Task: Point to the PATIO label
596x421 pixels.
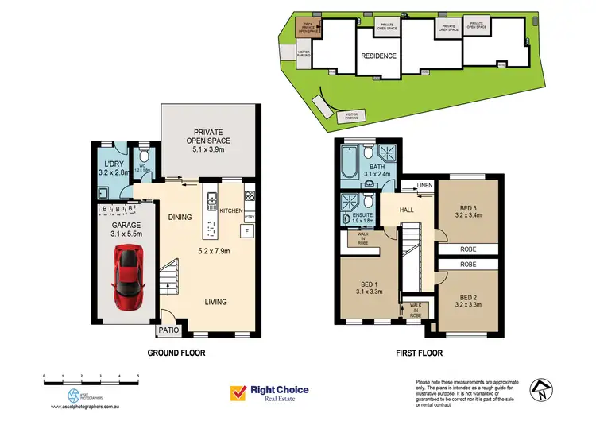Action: click(x=168, y=330)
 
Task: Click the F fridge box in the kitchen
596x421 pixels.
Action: click(x=247, y=230)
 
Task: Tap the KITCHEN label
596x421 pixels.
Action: click(x=230, y=210)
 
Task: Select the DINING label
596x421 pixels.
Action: click(x=181, y=216)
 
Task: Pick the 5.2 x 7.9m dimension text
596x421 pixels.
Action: click(x=213, y=252)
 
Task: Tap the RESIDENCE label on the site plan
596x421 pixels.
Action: click(x=378, y=56)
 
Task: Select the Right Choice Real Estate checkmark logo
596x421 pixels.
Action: click(x=237, y=392)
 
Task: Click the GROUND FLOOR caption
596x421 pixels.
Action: click(x=175, y=353)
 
